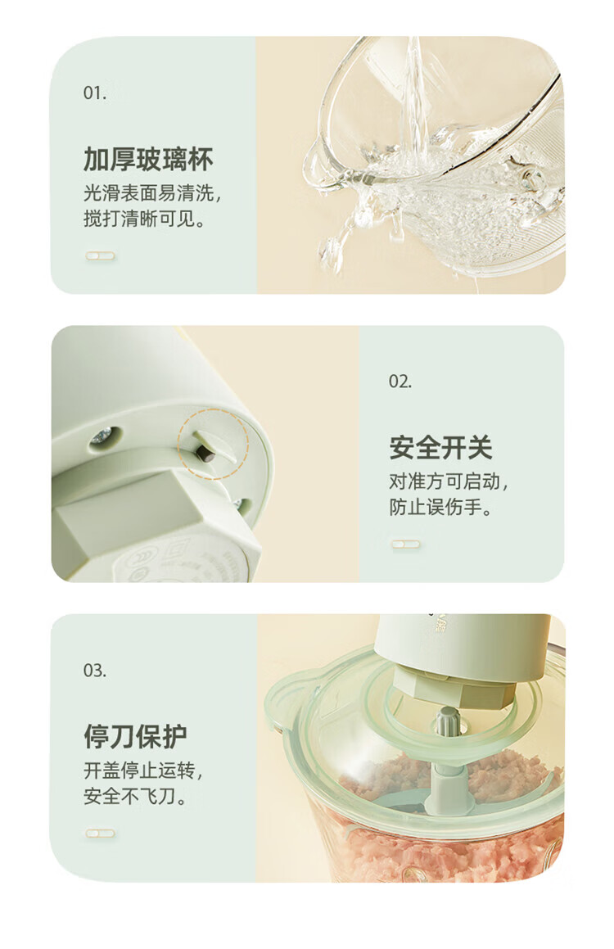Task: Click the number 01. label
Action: [x=95, y=93]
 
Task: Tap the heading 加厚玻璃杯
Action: [x=148, y=159]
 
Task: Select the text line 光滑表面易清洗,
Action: [x=153, y=194]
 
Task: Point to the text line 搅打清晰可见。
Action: [x=145, y=220]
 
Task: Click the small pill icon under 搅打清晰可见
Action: [x=100, y=256]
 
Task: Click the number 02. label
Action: [x=400, y=382]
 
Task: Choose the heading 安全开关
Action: [x=440, y=447]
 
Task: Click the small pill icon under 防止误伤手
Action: [x=405, y=544]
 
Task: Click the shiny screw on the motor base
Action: [x=102, y=436]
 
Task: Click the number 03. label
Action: [x=95, y=671]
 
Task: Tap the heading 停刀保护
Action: [x=135, y=735]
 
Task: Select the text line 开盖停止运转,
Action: [x=143, y=770]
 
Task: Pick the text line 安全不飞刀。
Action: [x=135, y=796]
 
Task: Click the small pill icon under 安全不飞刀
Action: [x=100, y=833]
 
